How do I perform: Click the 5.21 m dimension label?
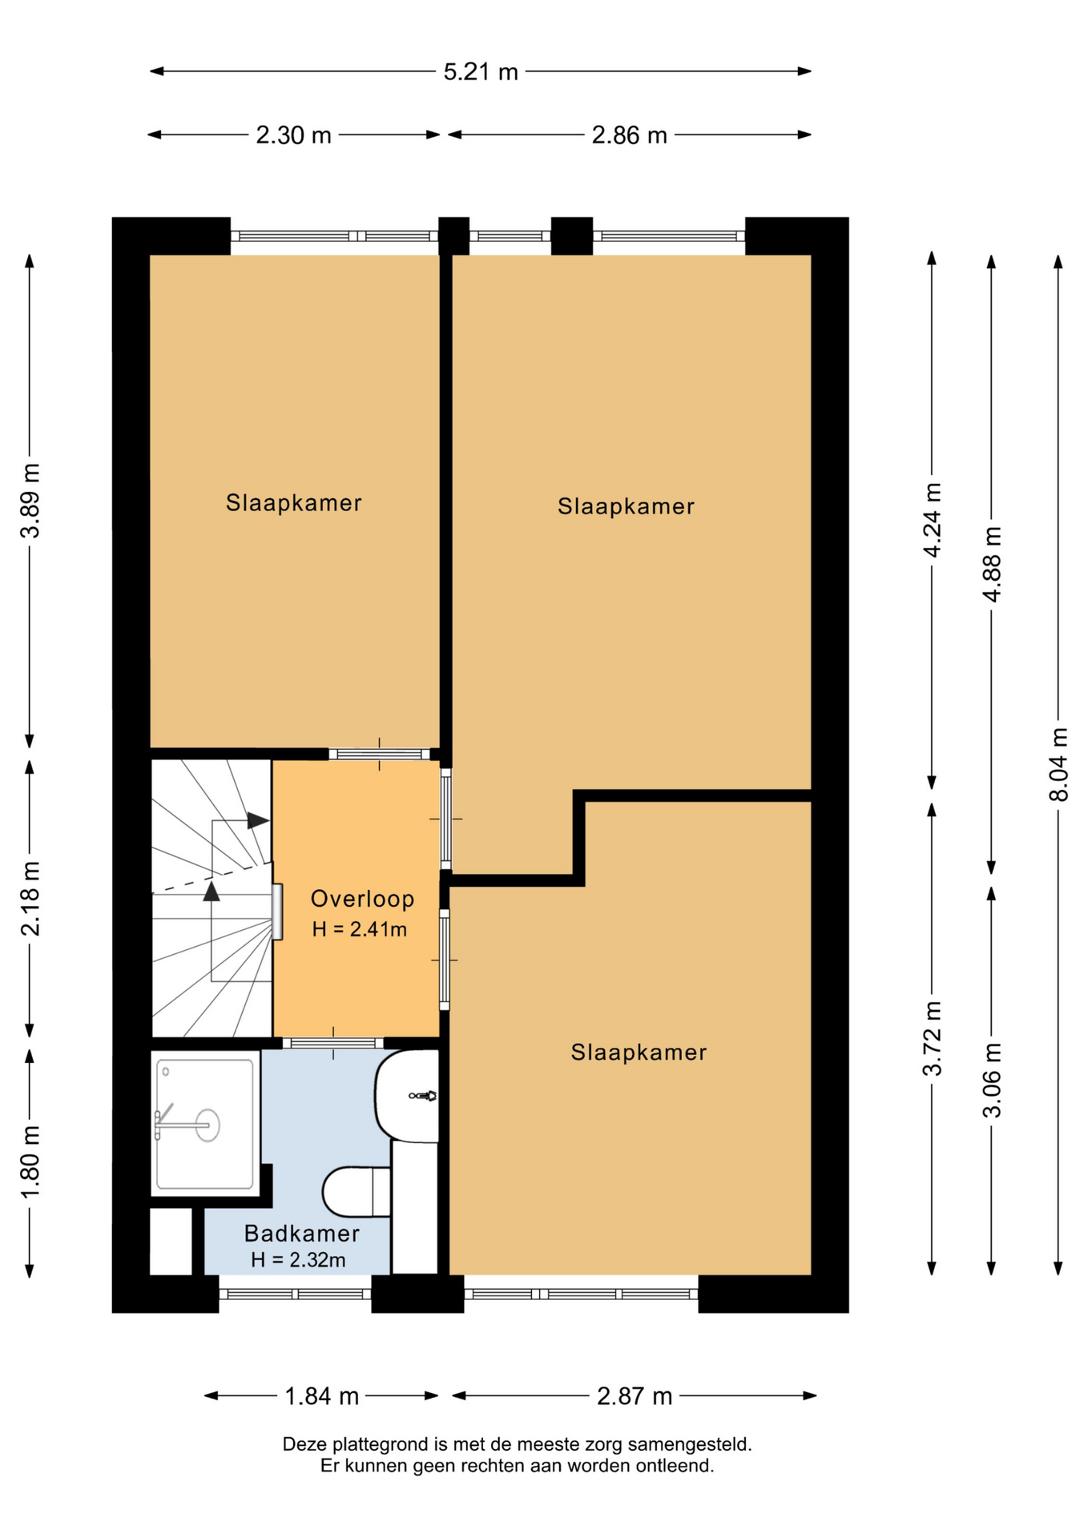(481, 72)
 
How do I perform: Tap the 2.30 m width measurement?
(293, 135)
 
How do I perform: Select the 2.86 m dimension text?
(629, 135)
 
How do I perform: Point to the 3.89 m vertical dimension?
(30, 501)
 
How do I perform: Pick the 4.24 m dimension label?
(932, 520)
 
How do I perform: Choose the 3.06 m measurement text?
(992, 1080)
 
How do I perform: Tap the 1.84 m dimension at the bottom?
(321, 1396)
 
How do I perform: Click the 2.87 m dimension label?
(634, 1396)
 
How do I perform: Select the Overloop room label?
(362, 899)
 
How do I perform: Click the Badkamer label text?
(301, 1234)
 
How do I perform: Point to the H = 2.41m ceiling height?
(360, 929)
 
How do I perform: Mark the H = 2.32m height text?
(298, 1260)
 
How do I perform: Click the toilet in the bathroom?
(357, 1191)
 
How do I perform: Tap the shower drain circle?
(208, 1125)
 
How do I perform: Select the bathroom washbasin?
(407, 1095)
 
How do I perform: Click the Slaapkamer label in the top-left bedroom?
(293, 503)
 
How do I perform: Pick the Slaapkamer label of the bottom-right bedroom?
(639, 1053)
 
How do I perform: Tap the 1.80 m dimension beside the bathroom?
(30, 1161)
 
